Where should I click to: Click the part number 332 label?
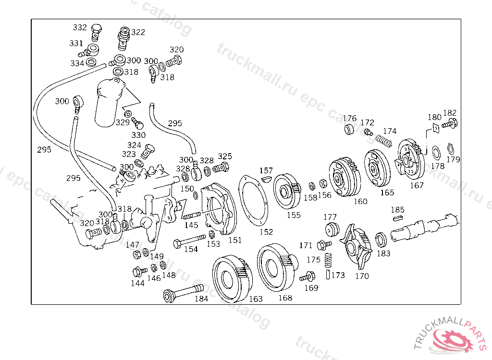pyautogui.click(x=79, y=27)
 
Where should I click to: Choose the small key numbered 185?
pyautogui.click(x=398, y=218)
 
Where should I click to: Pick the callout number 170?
pyautogui.click(x=362, y=276)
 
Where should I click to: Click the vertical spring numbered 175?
pyautogui.click(x=328, y=260)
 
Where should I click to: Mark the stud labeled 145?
pyautogui.click(x=192, y=216)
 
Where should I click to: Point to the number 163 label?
pyautogui.click(x=256, y=299)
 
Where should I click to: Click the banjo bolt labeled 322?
pyautogui.click(x=123, y=38)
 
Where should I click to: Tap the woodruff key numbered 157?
pyautogui.click(x=266, y=180)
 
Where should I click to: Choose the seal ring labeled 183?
pyautogui.click(x=381, y=240)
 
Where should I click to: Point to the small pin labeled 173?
pyautogui.click(x=328, y=275)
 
